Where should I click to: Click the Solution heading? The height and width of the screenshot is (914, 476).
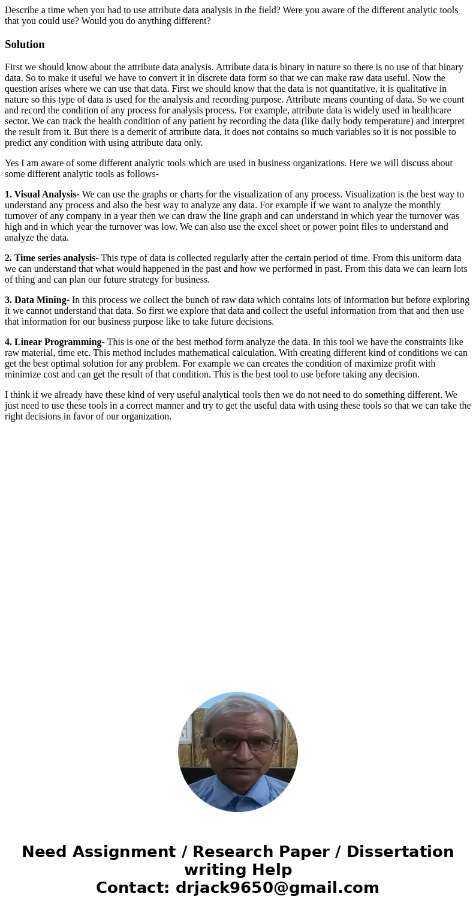pyautogui.click(x=25, y=44)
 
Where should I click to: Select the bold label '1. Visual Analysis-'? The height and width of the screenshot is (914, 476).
pyautogui.click(x=42, y=194)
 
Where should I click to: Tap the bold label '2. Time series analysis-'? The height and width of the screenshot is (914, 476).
pyautogui.click(x=52, y=258)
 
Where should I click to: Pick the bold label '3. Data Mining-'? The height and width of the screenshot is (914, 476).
pyautogui.click(x=37, y=300)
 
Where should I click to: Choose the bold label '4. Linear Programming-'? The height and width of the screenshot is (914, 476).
pyautogui.click(x=55, y=342)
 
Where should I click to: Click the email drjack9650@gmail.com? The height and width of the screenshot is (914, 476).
pyautogui.click(x=277, y=888)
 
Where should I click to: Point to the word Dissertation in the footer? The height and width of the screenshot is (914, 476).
pyautogui.click(x=400, y=852)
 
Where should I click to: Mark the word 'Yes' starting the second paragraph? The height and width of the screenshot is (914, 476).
pyautogui.click(x=12, y=163)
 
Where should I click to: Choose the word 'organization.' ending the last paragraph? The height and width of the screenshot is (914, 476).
pyautogui.click(x=146, y=416)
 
